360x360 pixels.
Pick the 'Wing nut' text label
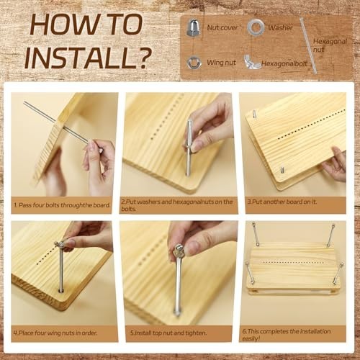coord(221,63)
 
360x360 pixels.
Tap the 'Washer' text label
coord(280,28)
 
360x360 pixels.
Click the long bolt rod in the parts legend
coord(308,45)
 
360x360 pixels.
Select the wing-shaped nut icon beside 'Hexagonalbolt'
coord(251,63)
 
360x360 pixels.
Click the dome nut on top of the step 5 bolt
coord(176,251)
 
